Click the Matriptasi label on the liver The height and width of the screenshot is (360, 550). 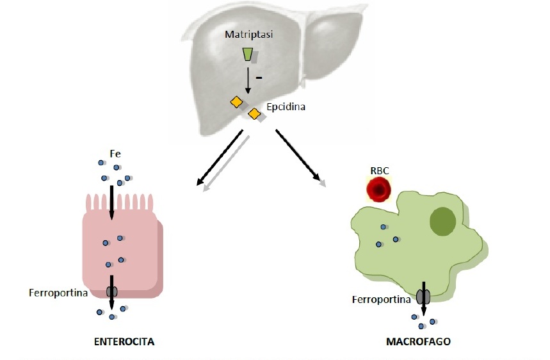coord(248,35)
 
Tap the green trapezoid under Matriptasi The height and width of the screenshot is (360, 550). coord(248,54)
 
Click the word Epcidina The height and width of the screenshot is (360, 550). coord(286,106)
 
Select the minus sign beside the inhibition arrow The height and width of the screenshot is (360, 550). coord(259,77)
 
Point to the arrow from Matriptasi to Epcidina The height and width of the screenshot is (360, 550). coord(248,80)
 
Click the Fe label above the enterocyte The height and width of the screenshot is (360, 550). coord(115,154)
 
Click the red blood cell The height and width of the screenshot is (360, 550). coord(379,190)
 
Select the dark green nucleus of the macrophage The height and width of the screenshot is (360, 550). coord(442,221)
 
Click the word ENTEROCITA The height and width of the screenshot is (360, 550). coord(124,341)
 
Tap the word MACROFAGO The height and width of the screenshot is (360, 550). coord(418,341)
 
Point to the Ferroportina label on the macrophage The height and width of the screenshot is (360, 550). coord(382,299)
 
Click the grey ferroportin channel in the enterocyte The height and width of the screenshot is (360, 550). coord(112,291)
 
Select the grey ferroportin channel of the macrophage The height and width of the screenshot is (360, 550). coord(423,297)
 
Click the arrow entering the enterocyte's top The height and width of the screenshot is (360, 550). coord(112,202)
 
